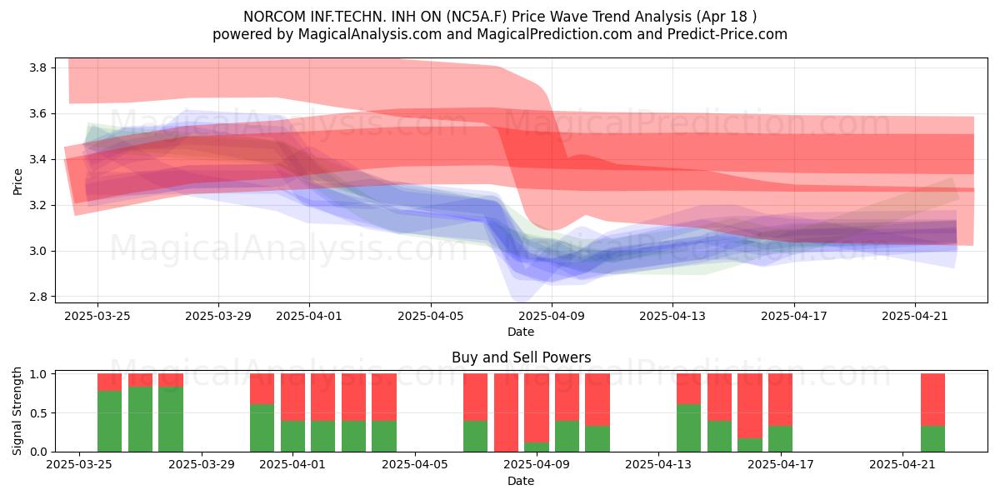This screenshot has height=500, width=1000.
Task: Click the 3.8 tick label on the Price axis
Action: [x=37, y=67]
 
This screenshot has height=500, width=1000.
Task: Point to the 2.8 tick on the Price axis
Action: [x=37, y=297]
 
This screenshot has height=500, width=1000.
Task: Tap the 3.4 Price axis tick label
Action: [x=37, y=159]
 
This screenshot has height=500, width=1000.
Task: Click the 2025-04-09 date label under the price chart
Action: [x=552, y=316]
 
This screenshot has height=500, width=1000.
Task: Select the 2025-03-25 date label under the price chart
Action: [x=97, y=316]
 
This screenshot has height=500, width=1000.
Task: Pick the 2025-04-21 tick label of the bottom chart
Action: [x=902, y=464]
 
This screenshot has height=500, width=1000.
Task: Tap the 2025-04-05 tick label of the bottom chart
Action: [x=415, y=464]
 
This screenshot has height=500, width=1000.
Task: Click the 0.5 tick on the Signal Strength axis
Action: [x=40, y=413]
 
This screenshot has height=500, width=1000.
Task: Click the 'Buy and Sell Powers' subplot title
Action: [x=521, y=357]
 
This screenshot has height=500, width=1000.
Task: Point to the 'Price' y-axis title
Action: [x=17, y=182]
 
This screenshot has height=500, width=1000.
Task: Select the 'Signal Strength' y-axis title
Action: [x=17, y=411]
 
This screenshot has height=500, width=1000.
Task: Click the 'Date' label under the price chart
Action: [x=521, y=332]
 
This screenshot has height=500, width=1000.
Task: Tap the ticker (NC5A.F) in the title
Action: [x=477, y=17]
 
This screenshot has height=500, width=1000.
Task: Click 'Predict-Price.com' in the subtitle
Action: [x=727, y=34]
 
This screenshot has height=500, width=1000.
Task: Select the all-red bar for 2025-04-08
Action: [x=507, y=412]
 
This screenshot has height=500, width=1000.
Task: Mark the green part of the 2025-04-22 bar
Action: [x=932, y=439]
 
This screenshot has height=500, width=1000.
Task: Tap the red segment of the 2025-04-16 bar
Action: [x=750, y=406]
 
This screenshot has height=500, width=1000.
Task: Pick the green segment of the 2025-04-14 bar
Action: [x=689, y=428]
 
